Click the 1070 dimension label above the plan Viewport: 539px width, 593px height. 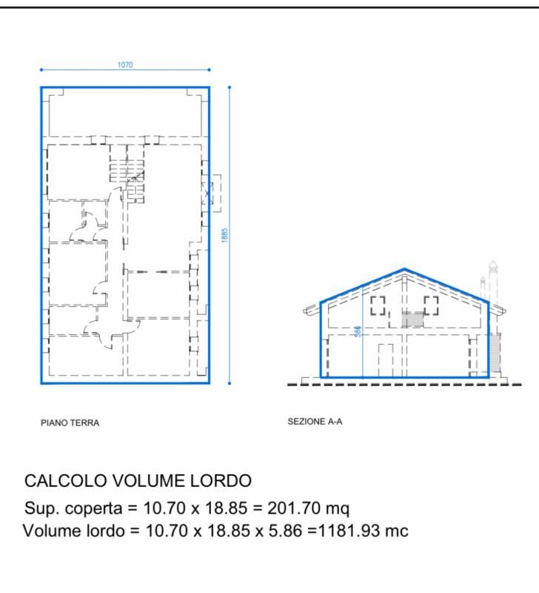[x=125, y=64]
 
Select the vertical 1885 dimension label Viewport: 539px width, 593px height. [x=225, y=235]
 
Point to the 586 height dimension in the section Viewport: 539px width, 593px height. [x=358, y=331]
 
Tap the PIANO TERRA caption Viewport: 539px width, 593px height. [x=70, y=423]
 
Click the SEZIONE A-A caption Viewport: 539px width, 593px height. [x=315, y=421]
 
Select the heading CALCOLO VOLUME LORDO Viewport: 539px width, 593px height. [x=138, y=480]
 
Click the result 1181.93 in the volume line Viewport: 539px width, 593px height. [x=349, y=531]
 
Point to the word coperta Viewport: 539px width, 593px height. [x=94, y=508]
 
